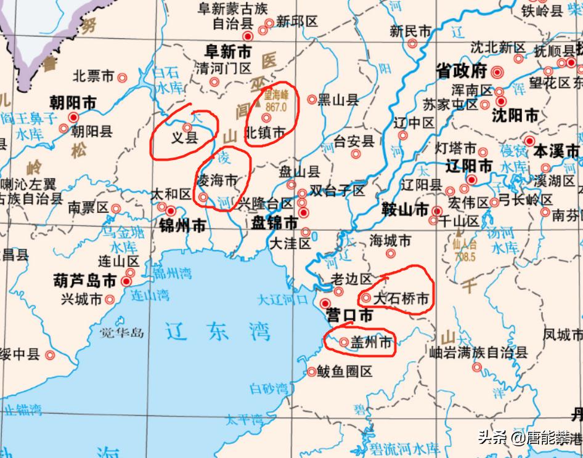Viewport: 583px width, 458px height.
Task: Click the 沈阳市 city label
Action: [515, 115]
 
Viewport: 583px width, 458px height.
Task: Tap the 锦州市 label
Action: [182, 225]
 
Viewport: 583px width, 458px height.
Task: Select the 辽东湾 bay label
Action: [218, 332]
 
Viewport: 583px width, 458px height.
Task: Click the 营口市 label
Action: [349, 316]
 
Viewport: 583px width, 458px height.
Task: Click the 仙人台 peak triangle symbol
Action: [459, 233]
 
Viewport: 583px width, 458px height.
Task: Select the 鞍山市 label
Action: [404, 210]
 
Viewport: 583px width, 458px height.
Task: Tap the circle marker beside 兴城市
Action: [110, 300]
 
